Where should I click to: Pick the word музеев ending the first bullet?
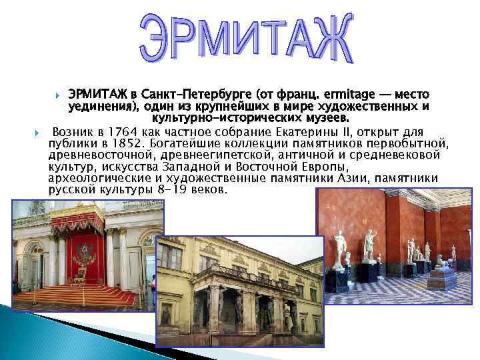pyautogui.click(x=326, y=118)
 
